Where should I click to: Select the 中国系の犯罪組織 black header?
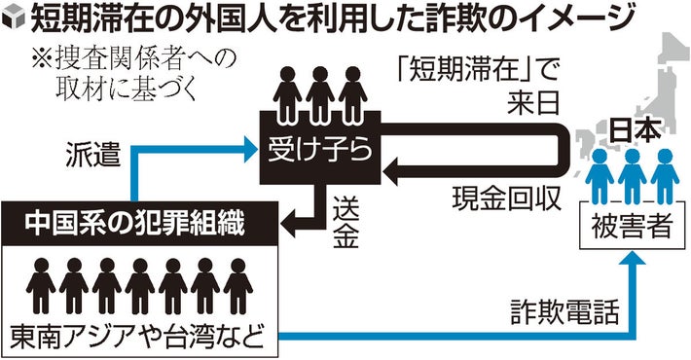(x=142, y=222)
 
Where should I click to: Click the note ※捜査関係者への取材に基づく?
(x=122, y=73)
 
